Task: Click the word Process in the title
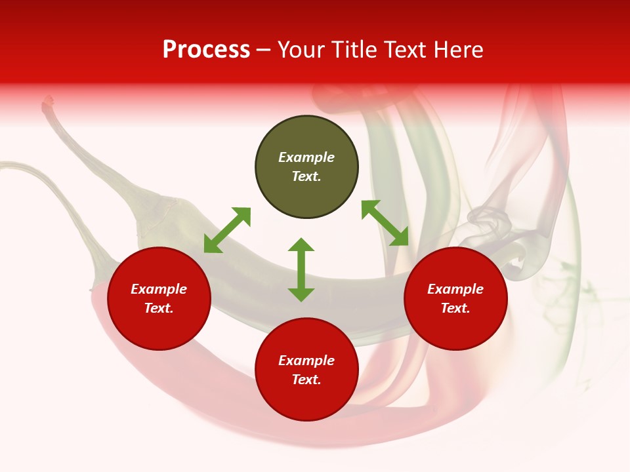pyautogui.click(x=206, y=50)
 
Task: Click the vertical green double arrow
pyautogui.click(x=301, y=269)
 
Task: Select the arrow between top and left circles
pyautogui.click(x=227, y=230)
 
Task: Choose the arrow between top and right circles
pyautogui.click(x=385, y=223)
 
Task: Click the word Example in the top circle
pyautogui.click(x=306, y=157)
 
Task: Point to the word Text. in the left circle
pyautogui.click(x=159, y=308)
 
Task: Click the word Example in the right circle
pyautogui.click(x=455, y=289)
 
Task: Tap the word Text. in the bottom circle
pyautogui.click(x=306, y=380)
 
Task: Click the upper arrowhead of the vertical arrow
pyautogui.click(x=301, y=244)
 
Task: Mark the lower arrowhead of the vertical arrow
pyautogui.click(x=301, y=295)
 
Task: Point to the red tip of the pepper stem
pyautogui.click(x=48, y=102)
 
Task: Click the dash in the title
pyautogui.click(x=263, y=50)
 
